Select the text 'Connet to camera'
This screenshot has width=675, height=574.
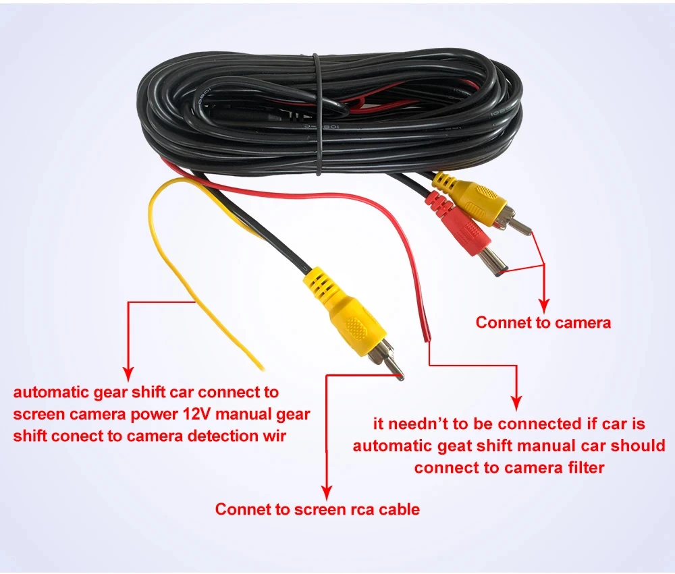(x=543, y=322)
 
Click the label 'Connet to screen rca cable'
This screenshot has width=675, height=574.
(x=317, y=509)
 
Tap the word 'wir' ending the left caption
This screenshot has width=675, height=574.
(x=273, y=436)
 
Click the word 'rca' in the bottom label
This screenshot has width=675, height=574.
(x=359, y=509)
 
